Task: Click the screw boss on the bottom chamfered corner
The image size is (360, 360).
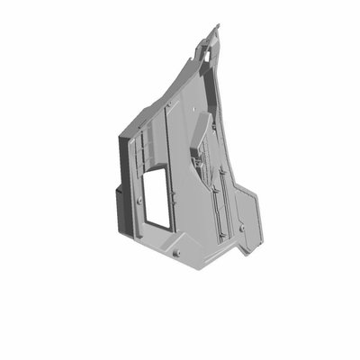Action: (176, 254)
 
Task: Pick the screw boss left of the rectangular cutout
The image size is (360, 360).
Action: (138, 202)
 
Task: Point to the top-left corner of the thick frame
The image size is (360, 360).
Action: (121, 135)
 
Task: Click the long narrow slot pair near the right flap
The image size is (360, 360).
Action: (220, 202)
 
